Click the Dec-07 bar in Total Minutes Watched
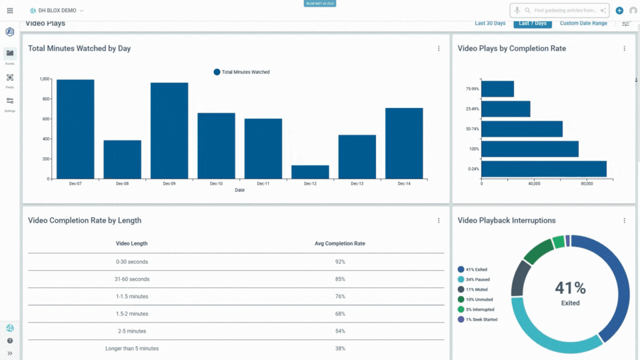[75, 129]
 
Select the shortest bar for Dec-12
[310, 172]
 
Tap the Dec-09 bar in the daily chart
[169, 131]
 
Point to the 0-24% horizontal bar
[543, 169]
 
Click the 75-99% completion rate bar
[497, 89]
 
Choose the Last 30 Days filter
[490, 23]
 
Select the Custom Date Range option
[583, 23]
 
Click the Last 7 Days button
[533, 23]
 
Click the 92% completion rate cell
[340, 262]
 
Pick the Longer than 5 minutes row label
[132, 349]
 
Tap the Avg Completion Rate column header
[340, 243]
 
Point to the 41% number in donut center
[570, 288]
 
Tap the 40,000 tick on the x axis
[533, 183]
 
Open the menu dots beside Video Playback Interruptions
[625, 221]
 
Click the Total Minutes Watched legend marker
[217, 72]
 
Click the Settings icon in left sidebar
[10, 101]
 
